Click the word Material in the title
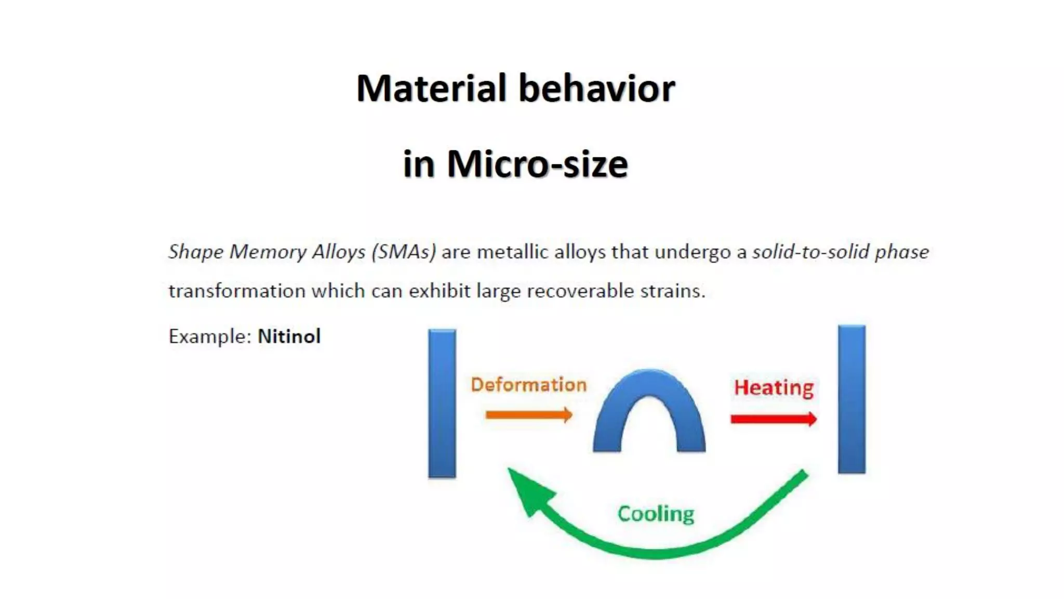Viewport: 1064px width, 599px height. tap(431, 88)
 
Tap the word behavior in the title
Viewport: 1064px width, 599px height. tap(597, 88)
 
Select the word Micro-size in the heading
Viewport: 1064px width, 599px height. tap(537, 164)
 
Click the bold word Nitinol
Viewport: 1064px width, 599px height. tap(289, 336)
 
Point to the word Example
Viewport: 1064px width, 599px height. tap(210, 336)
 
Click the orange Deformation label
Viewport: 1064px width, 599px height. tap(528, 385)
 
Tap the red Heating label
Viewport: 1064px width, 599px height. tap(774, 388)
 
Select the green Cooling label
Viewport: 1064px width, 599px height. tap(656, 514)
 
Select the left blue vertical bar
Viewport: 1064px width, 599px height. tap(442, 403)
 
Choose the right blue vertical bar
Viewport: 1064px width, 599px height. tap(852, 399)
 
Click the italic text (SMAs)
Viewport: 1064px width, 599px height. tap(404, 252)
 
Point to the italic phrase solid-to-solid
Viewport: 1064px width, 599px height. tap(810, 252)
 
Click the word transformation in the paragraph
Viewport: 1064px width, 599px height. tap(237, 291)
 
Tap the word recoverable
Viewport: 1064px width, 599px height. tap(580, 291)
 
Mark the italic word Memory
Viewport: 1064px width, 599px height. tap(268, 252)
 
